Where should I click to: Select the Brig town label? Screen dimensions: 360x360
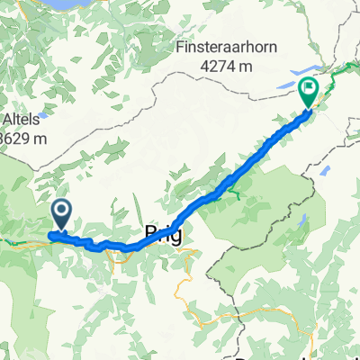click(163, 235)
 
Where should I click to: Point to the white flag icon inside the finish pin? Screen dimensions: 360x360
click(308, 88)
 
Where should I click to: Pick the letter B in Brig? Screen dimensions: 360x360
click(150, 235)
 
